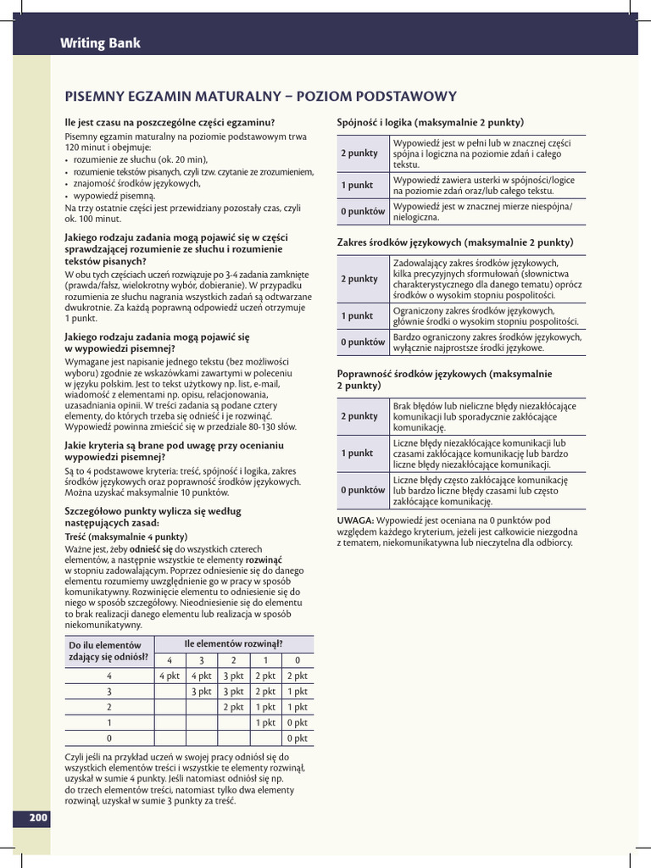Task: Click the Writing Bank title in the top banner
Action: pyautogui.click(x=100, y=43)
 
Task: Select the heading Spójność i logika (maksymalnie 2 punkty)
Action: pyautogui.click(x=430, y=121)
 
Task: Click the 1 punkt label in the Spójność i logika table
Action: pyautogui.click(x=357, y=185)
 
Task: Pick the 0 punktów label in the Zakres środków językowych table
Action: pyautogui.click(x=363, y=342)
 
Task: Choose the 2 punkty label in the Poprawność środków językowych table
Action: pyautogui.click(x=359, y=416)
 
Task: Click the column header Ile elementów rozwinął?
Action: pyautogui.click(x=233, y=644)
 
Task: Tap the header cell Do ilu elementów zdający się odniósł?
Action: pyautogui.click(x=108, y=651)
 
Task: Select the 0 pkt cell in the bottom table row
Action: pyautogui.click(x=297, y=738)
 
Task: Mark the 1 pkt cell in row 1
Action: pyautogui.click(x=265, y=722)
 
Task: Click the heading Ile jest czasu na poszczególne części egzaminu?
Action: pyautogui.click(x=170, y=122)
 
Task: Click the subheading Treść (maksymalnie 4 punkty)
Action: pyautogui.click(x=125, y=537)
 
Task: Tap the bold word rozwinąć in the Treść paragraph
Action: pyautogui.click(x=264, y=559)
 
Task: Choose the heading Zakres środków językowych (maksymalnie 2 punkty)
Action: pyautogui.click(x=455, y=242)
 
